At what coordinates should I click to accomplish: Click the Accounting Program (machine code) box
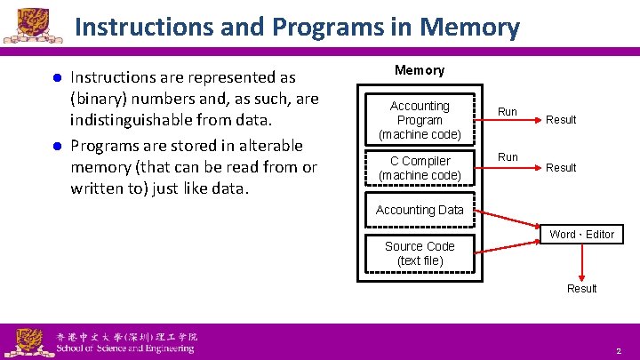coord(420,120)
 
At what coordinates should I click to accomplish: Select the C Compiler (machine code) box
coord(420,168)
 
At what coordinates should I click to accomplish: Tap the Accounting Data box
coord(420,211)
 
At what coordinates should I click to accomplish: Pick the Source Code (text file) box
coord(420,253)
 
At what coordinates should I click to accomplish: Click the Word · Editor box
coord(581,234)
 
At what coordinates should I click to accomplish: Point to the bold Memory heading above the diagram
coord(420,70)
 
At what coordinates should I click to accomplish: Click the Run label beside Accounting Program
coord(508,112)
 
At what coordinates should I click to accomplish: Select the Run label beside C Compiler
coord(508,157)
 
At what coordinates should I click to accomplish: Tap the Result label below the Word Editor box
coord(582,289)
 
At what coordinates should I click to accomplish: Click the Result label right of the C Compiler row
coord(561,168)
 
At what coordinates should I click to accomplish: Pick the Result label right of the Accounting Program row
coord(561,120)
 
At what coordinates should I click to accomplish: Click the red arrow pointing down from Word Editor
coord(582,261)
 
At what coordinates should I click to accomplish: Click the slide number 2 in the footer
coord(618,352)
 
